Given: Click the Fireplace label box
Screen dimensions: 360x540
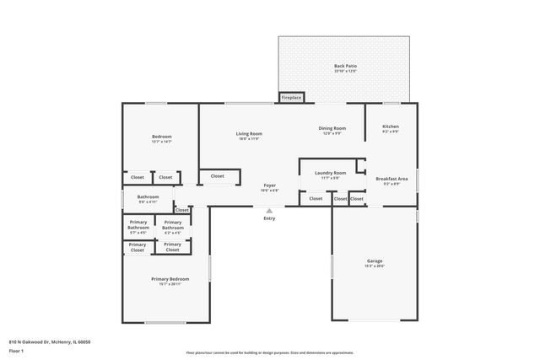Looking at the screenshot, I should (291, 97).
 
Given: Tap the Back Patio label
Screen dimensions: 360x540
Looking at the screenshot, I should (345, 66).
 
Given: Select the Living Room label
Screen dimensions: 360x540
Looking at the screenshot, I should (248, 134).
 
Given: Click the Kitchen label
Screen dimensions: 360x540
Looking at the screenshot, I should (390, 126).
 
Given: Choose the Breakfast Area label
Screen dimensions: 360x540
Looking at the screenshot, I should (391, 178).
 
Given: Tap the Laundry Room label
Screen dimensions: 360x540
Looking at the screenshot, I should (329, 173).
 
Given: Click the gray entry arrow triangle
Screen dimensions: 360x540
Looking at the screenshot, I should (269, 211).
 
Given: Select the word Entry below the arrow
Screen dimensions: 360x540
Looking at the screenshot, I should (269, 218).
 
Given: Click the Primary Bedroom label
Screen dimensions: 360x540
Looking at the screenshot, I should (170, 279).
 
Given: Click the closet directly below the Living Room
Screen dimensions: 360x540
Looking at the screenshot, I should (217, 176).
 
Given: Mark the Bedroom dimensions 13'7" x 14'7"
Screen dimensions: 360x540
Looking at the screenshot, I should (161, 142).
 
